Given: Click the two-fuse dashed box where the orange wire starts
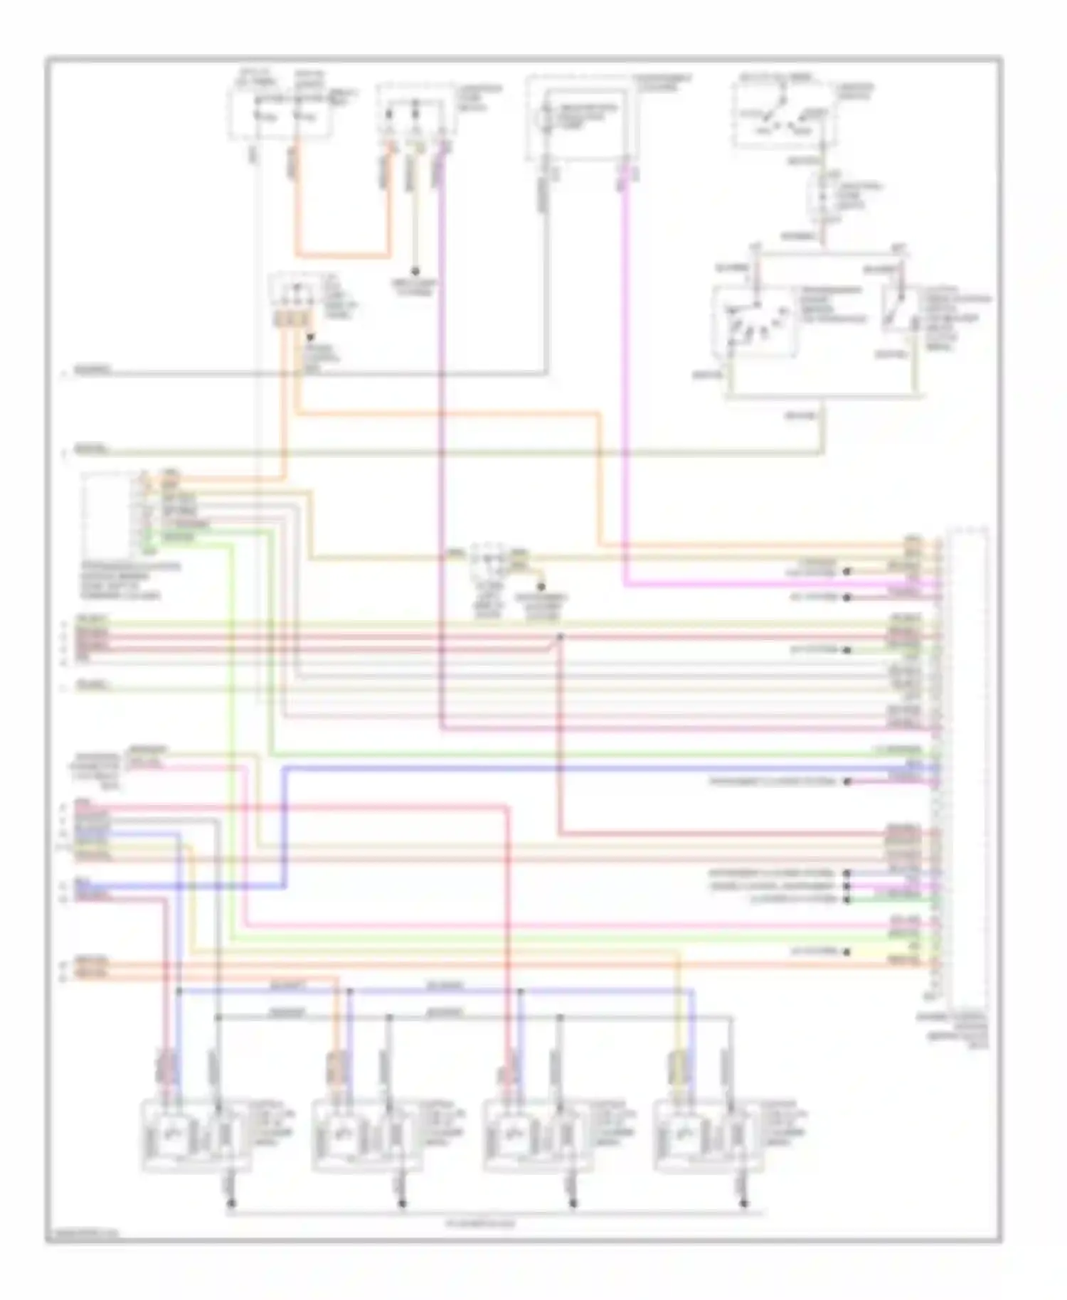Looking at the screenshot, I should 279,112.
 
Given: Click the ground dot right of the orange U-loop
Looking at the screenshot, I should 415,272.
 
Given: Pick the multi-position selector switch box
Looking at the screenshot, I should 757,321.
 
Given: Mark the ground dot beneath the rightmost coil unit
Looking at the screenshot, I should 744,1204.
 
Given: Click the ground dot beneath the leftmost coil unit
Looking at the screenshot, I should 230,1204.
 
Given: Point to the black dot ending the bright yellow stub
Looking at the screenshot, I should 847,952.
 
